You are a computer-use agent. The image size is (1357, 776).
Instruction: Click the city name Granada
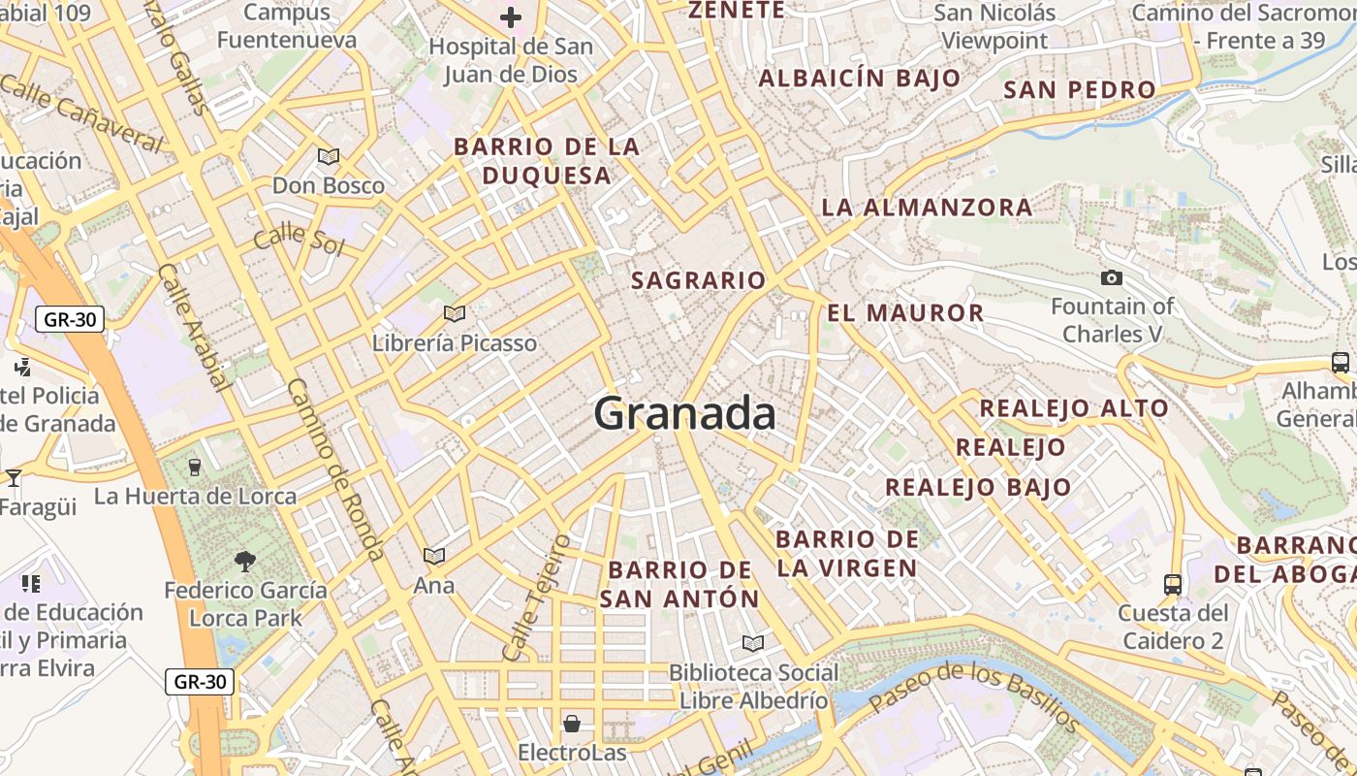coord(684,414)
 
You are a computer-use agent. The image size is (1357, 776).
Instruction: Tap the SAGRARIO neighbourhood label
coord(698,281)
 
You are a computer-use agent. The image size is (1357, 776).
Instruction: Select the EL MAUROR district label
coord(905,313)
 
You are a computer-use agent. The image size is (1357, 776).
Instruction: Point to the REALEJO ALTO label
coord(1074,408)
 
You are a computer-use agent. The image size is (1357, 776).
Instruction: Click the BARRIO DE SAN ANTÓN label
coord(678,584)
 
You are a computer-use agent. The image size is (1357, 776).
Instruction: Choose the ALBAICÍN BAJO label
coord(860,79)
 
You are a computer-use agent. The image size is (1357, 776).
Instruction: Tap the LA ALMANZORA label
coord(927,208)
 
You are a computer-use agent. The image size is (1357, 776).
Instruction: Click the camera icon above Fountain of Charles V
coord(1112,278)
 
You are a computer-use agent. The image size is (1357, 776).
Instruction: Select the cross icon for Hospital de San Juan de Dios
coord(511,17)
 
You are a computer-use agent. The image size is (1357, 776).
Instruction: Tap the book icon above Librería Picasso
coord(454,313)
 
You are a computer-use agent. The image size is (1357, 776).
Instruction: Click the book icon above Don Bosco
coord(329,156)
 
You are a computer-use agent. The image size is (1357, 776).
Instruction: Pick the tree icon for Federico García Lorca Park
coord(245,560)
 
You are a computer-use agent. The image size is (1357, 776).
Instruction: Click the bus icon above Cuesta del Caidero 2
coord(1173,584)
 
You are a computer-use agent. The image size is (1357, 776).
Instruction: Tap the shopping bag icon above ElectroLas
coord(572,724)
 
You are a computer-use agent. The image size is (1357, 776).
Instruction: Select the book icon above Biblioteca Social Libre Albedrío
coord(752,643)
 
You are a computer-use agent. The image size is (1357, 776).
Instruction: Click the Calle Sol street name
coord(299,237)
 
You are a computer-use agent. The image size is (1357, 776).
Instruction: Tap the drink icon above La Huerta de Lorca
coord(195,467)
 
